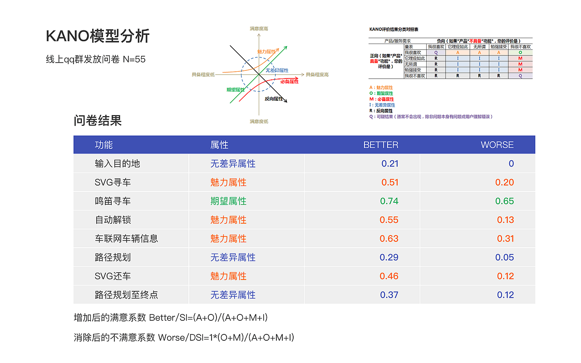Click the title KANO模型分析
pos(98,36)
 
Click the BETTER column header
pos(381,145)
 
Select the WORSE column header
pos(497,145)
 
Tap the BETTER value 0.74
pos(389,201)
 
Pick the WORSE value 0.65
pos(505,201)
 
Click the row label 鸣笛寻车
pos(113,201)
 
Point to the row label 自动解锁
pos(113,220)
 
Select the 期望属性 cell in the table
pos(228,201)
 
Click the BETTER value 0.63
pos(389,239)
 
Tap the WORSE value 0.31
pos(505,239)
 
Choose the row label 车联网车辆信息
pos(126,239)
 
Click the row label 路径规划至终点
pos(126,295)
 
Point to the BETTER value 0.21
pos(390,164)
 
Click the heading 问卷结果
pos(98,121)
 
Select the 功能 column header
pos(103,145)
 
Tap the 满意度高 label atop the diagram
pos(259,29)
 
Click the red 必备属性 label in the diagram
pos(289,81)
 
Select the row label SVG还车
pos(113,276)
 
